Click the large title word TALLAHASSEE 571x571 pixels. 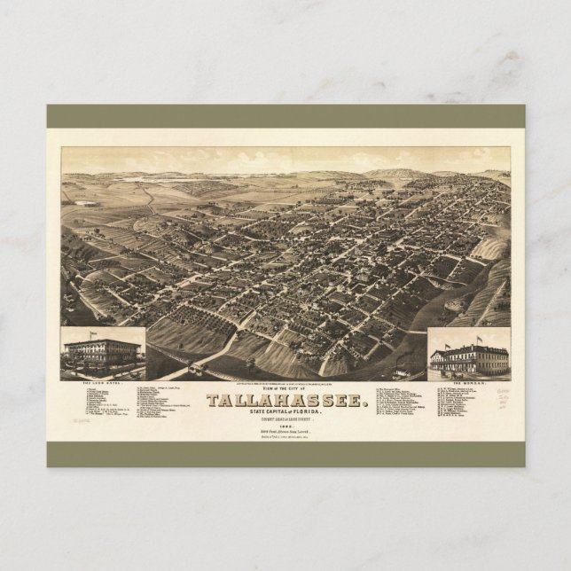pyautogui.click(x=285, y=401)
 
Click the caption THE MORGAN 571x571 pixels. pyautogui.click(x=470, y=379)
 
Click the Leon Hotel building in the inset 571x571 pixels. pyautogui.click(x=102, y=353)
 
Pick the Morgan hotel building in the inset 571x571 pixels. pyautogui.click(x=469, y=358)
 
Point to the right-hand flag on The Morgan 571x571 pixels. pyautogui.click(x=479, y=338)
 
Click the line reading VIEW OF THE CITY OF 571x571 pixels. pyautogui.click(x=285, y=388)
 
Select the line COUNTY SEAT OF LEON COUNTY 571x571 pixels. pyautogui.click(x=285, y=420)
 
